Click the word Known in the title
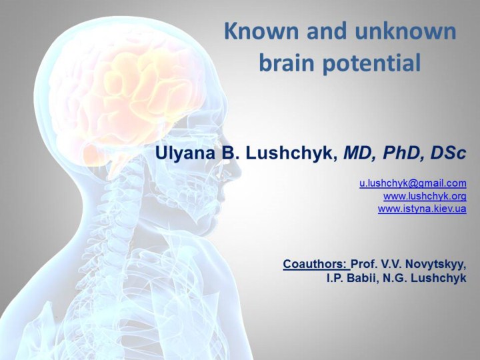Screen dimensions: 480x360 [x=261, y=31]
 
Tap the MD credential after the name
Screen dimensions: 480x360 [x=357, y=153]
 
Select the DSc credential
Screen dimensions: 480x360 [x=448, y=153]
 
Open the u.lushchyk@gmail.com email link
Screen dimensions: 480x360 [x=413, y=183]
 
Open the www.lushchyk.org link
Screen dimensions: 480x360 [x=425, y=196]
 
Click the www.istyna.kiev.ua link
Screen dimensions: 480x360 [x=422, y=209]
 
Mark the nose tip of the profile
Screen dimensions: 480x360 [x=241, y=169]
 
